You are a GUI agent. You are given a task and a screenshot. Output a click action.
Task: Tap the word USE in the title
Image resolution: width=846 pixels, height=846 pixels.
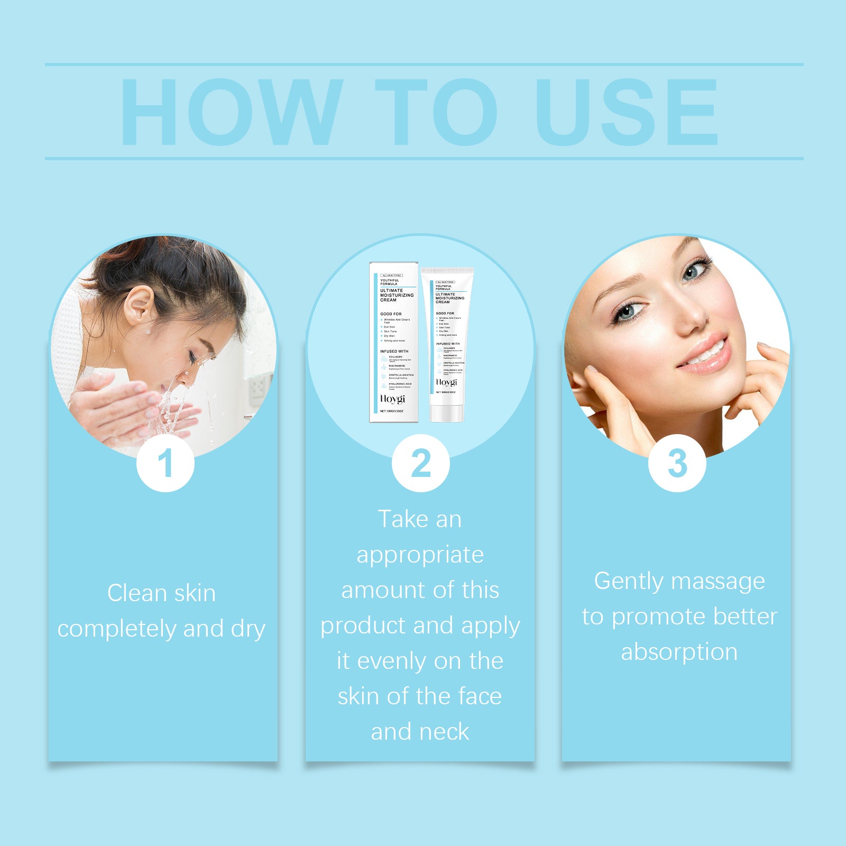pyautogui.click(x=627, y=112)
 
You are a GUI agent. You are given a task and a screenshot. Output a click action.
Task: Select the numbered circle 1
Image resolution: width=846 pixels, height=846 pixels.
pyautogui.click(x=165, y=463)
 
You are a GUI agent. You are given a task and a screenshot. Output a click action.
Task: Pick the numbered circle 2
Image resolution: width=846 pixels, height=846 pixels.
pyautogui.click(x=421, y=463)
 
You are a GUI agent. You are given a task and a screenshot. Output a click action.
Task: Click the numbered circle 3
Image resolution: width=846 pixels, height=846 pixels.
pyautogui.click(x=677, y=463)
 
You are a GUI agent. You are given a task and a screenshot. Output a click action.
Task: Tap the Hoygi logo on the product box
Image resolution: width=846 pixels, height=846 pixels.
pyautogui.click(x=392, y=399)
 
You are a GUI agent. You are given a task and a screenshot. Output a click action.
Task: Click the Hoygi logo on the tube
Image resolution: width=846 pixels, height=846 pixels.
pyautogui.click(x=446, y=382)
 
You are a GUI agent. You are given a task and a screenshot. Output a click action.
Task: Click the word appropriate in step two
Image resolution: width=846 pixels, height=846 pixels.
pyautogui.click(x=420, y=555)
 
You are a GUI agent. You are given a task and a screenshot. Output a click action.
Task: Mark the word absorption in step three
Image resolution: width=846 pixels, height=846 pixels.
pyautogui.click(x=679, y=652)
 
